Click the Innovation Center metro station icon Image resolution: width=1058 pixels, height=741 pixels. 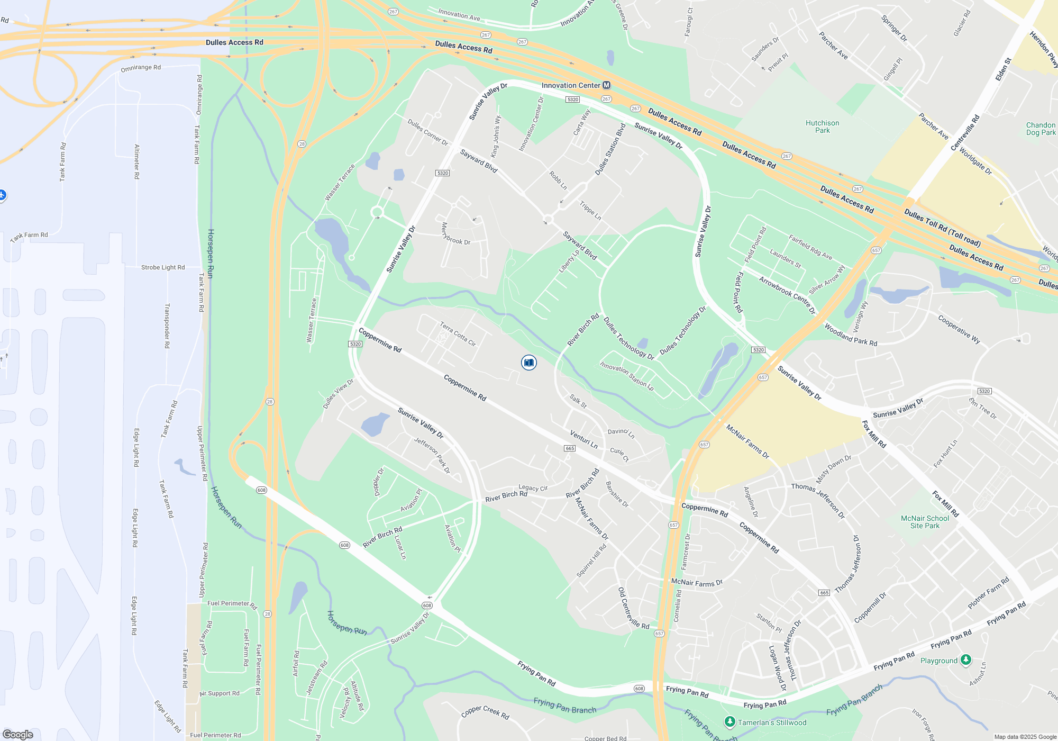(x=607, y=85)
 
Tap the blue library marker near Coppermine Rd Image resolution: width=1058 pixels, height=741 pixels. (x=528, y=363)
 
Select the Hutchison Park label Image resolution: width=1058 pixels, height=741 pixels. (x=822, y=126)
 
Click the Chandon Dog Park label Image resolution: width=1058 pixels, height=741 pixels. (x=1041, y=129)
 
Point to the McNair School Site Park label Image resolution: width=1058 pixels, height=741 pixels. (x=925, y=522)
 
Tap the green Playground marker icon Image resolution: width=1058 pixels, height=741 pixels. (x=966, y=659)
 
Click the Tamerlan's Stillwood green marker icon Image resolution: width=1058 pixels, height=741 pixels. (x=730, y=722)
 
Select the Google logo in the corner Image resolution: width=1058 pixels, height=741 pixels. (x=18, y=734)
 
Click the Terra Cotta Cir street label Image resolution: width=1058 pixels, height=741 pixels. (x=458, y=334)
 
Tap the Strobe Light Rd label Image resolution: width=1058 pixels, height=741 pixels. (x=163, y=267)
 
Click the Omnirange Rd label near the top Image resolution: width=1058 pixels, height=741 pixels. (x=141, y=68)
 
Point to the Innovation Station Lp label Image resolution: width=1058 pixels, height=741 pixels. (x=627, y=376)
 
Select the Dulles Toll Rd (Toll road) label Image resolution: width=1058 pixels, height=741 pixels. (x=942, y=228)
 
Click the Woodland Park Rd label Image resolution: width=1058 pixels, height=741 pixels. (x=851, y=336)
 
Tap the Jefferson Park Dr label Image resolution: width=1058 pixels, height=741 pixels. (x=432, y=455)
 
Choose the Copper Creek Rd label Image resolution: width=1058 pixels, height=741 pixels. (x=485, y=712)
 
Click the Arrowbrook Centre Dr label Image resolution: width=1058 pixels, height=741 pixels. (x=787, y=295)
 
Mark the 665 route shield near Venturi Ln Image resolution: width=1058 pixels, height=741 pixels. (x=569, y=448)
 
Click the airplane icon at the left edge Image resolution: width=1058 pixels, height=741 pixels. (x=2, y=195)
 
